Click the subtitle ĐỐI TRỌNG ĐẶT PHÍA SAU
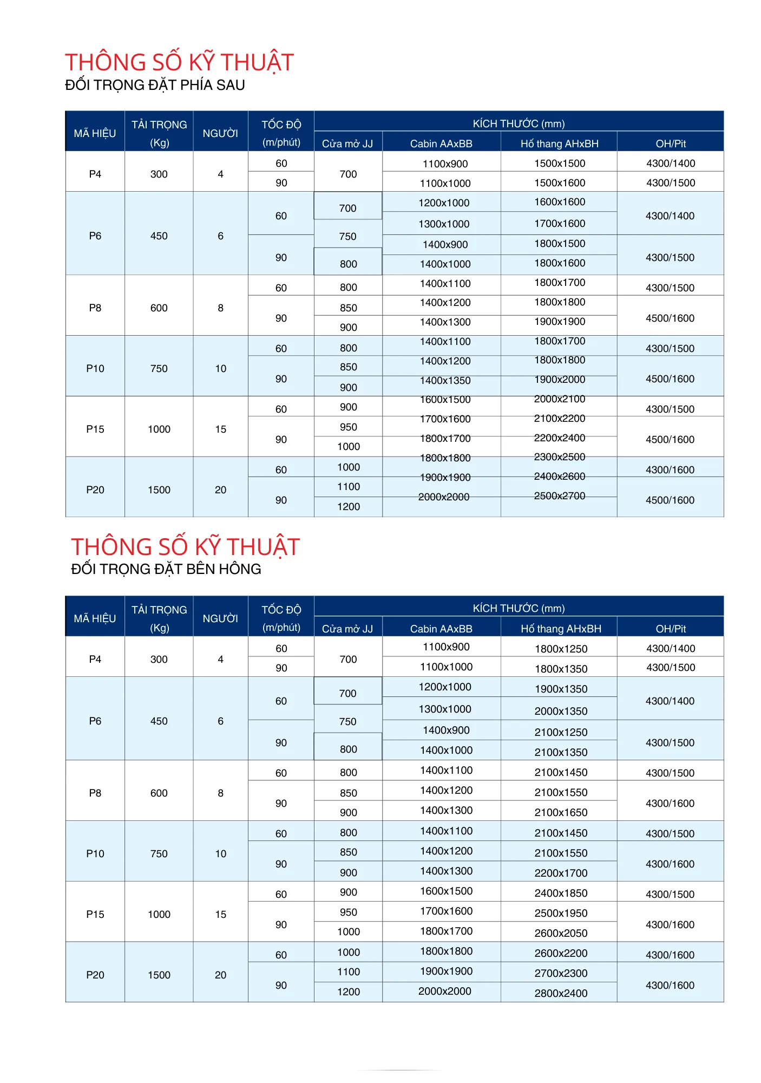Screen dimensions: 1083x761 coord(155,85)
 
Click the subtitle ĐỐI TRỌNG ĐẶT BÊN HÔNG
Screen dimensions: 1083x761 coord(166,569)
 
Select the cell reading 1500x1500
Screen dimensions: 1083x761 coord(560,164)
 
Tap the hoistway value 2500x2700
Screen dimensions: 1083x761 coord(560,496)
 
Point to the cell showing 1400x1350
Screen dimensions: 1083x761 coord(445,381)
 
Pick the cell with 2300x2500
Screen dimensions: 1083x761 coord(560,457)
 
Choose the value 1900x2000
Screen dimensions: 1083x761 coord(560,380)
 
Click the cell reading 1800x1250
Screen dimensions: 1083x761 coord(561,649)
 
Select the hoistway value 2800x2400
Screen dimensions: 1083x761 coord(561,993)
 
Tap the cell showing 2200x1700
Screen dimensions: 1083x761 coord(561,873)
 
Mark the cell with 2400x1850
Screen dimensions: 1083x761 coord(561,893)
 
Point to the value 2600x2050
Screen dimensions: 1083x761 coord(561,933)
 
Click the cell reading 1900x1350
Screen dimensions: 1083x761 coord(561,689)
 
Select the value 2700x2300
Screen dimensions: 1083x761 coord(561,973)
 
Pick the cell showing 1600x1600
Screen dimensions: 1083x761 coord(560,202)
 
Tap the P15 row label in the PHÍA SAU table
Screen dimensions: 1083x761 coord(95,429)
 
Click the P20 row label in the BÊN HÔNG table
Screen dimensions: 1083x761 coord(95,975)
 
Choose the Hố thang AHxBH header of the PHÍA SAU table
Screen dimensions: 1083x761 coord(559,143)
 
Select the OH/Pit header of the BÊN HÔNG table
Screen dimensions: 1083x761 coord(670,629)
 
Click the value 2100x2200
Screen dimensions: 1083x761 coord(560,419)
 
